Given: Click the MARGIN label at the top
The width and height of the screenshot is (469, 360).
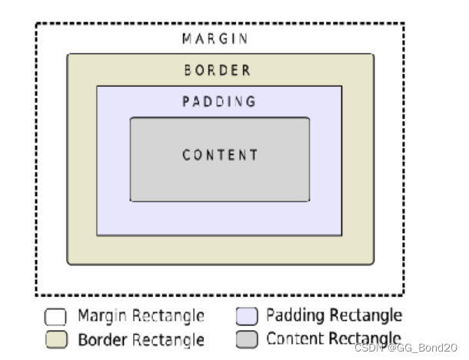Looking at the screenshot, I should click(216, 38).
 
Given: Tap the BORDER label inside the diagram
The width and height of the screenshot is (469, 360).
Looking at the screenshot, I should click(218, 71).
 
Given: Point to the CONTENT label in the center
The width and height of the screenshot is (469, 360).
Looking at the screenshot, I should click(220, 155).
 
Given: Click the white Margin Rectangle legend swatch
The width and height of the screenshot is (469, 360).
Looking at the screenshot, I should click(55, 317).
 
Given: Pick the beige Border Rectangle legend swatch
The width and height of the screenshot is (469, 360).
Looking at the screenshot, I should click(55, 339).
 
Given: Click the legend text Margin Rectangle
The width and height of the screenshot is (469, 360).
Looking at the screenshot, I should click(140, 316).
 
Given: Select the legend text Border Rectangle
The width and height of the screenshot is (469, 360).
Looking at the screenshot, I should click(140, 339).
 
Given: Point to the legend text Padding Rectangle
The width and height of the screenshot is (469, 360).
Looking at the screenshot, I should click(334, 315).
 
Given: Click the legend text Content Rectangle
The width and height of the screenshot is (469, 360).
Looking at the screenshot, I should click(334, 338).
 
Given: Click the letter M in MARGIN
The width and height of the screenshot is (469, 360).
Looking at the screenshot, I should click(187, 38).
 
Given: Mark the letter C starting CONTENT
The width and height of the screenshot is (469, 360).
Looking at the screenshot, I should click(186, 155).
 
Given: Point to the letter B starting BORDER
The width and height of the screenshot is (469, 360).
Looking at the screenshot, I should click(188, 71).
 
